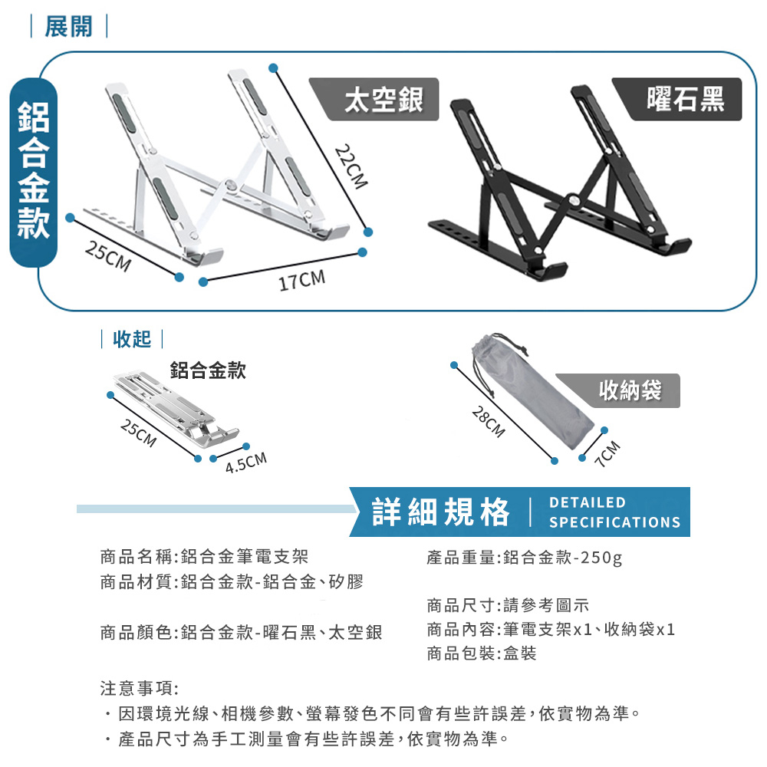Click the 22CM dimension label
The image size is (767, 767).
351,166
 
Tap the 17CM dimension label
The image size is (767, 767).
301,280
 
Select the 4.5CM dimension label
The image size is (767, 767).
246,463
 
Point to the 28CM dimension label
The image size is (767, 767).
488,422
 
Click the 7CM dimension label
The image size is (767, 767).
609,454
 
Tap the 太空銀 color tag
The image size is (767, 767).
374,99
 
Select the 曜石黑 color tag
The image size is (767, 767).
677,99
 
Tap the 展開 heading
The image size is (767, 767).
68,26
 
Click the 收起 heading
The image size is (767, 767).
132,339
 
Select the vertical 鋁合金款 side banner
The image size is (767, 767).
34,171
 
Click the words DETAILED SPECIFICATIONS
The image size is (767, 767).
614,512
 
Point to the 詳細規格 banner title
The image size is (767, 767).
441,512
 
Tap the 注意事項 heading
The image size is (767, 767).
140,689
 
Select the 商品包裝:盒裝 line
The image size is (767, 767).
482,653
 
